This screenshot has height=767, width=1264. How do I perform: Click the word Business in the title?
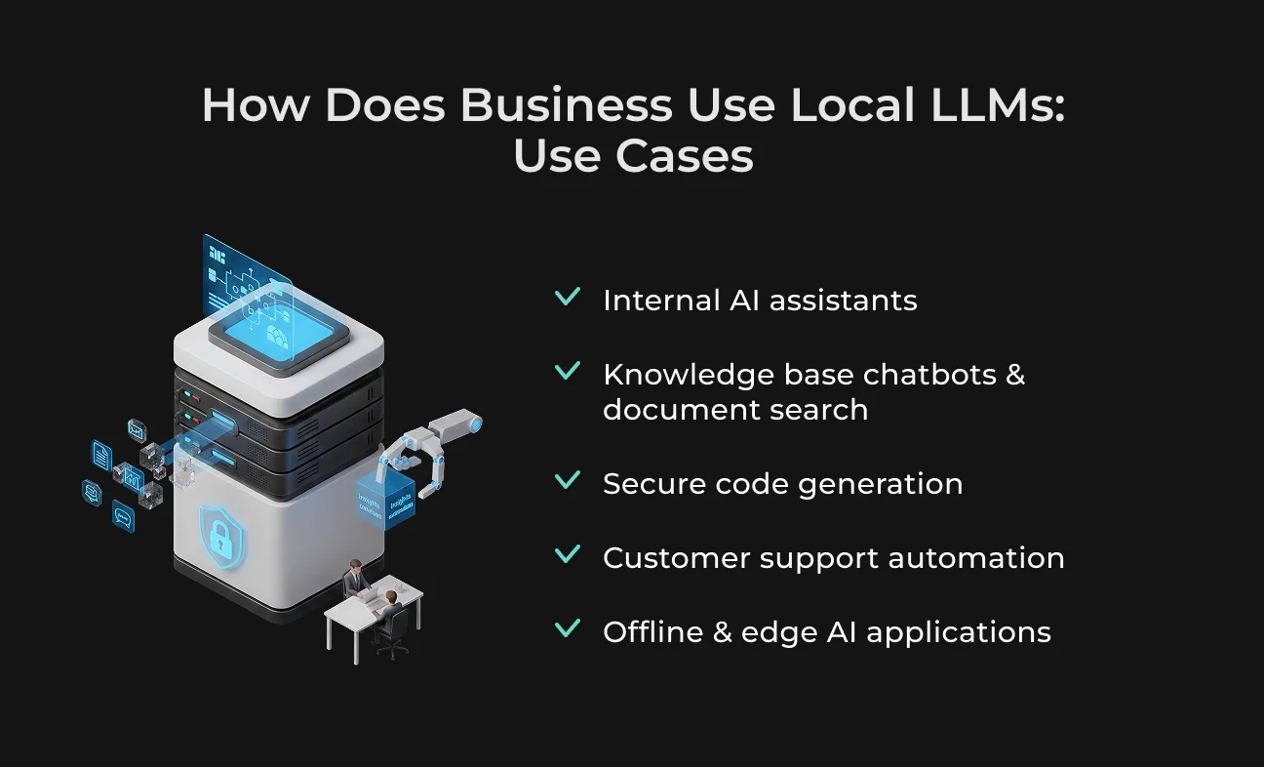click(567, 104)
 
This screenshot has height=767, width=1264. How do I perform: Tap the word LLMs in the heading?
click(998, 104)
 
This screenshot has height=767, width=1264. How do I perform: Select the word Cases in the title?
click(685, 155)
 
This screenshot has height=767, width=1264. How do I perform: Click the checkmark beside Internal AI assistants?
click(568, 296)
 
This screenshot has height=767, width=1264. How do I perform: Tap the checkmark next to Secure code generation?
click(568, 480)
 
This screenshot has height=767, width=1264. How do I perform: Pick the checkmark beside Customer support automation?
click(568, 554)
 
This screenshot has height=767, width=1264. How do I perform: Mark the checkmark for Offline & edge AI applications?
click(568, 628)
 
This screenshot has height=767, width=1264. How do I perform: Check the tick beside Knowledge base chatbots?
click(568, 370)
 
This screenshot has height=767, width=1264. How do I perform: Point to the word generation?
click(881, 485)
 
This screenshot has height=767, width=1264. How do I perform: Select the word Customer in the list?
click(677, 557)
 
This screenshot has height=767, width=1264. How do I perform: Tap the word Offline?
click(653, 631)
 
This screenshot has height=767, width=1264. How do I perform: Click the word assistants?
click(844, 301)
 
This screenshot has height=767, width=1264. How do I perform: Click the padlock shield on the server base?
click(221, 537)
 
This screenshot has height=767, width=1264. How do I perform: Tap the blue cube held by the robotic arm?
click(385, 500)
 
